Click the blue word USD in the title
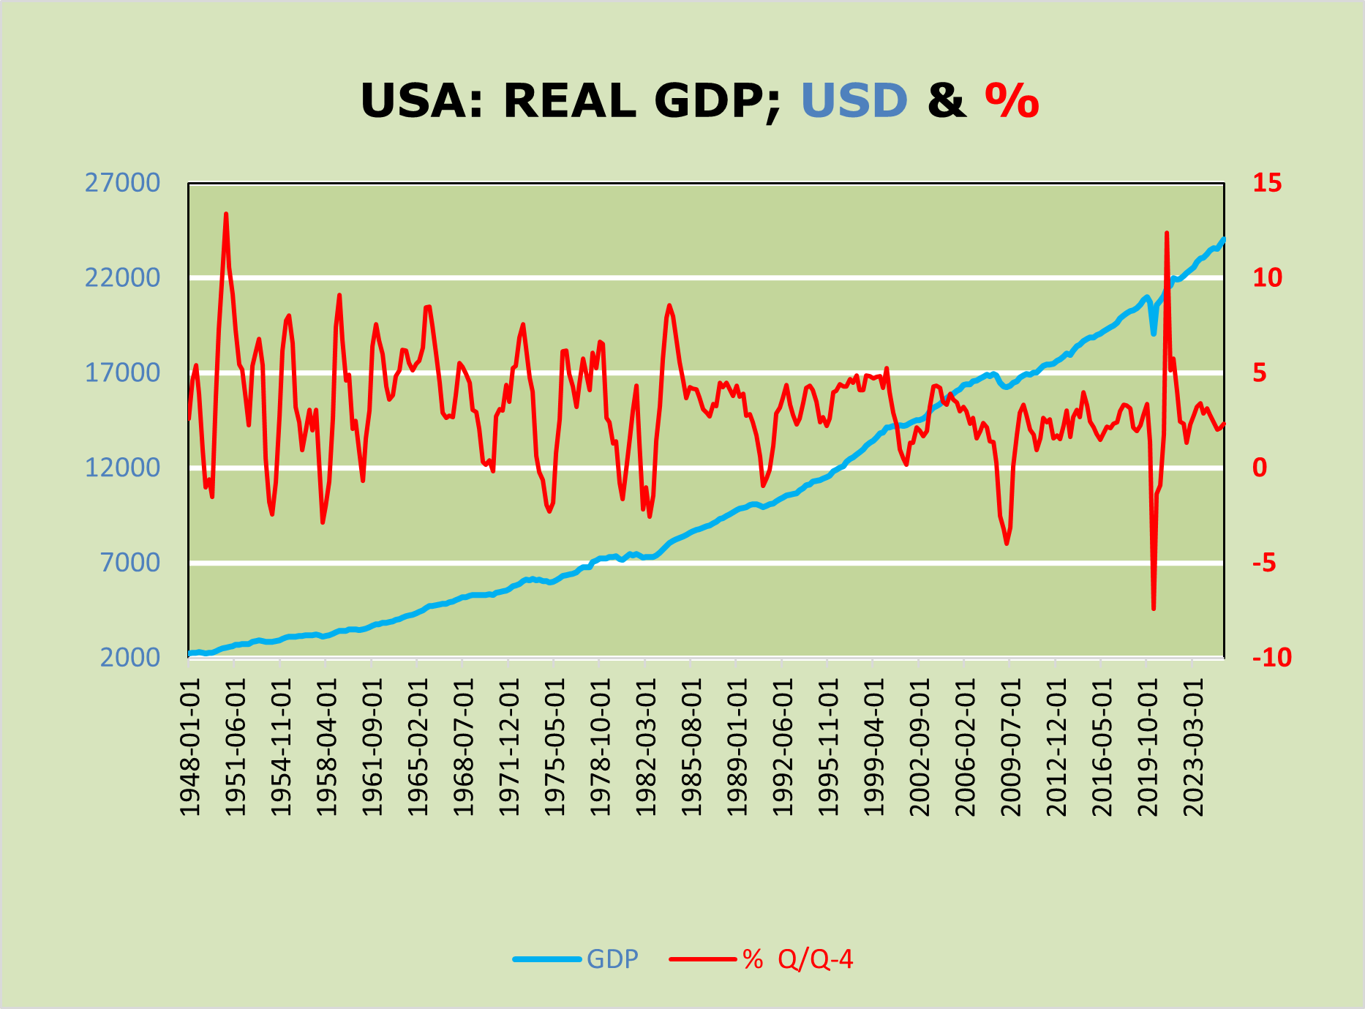tap(854, 100)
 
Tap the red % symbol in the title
tap(1012, 100)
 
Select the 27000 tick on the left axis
tap(122, 183)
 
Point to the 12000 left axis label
tap(122, 468)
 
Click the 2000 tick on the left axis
tap(129, 658)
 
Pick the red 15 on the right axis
tap(1267, 183)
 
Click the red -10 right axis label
tap(1272, 658)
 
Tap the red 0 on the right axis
tap(1260, 468)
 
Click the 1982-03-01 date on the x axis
tap(646, 746)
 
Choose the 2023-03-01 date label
tap(1193, 746)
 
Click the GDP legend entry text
tap(612, 959)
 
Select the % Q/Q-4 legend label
tap(798, 959)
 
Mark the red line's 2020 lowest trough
tap(1154, 607)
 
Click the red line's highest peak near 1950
tap(226, 214)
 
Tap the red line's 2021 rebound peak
tap(1167, 233)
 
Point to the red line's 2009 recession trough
tap(1007, 544)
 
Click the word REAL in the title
tap(569, 100)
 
